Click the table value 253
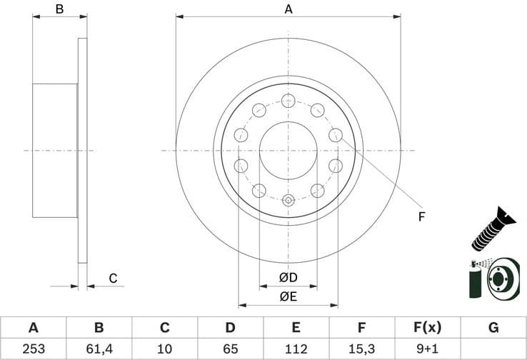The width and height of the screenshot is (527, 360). click(33, 349)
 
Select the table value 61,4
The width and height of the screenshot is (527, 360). click(99, 349)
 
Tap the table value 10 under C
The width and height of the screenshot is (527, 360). click(164, 349)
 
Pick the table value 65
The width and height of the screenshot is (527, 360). click(230, 349)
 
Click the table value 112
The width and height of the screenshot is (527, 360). click(296, 349)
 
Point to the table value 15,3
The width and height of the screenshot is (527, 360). click(361, 349)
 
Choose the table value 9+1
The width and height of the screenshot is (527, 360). click(427, 349)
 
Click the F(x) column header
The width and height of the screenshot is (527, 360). click(427, 328)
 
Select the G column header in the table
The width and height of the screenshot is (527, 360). click(493, 328)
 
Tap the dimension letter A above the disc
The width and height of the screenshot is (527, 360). click(288, 9)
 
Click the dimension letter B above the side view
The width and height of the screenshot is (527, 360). click(60, 9)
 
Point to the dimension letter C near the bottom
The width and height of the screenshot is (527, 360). click(112, 278)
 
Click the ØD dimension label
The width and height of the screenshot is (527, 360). click(288, 277)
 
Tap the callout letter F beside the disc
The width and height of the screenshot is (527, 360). click(421, 216)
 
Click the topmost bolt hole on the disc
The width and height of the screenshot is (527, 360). click(288, 99)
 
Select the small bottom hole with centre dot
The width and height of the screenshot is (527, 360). click(288, 200)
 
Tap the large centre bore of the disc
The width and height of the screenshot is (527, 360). click(288, 150)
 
